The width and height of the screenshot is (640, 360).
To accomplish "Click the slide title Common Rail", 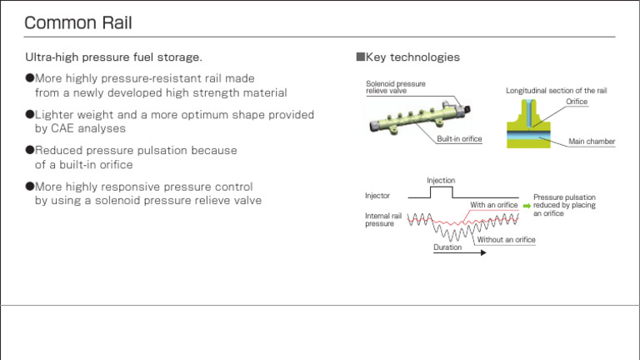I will tap(78, 22).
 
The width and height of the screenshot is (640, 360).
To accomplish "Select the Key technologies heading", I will tap(407, 57).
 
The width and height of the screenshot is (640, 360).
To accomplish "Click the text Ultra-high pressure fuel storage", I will tap(113, 57).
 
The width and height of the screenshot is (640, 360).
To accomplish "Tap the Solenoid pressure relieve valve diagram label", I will tap(396, 87).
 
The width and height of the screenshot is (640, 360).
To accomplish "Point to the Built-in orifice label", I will tap(459, 139).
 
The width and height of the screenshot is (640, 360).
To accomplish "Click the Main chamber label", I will tap(592, 142).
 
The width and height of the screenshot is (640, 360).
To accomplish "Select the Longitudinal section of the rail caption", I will tap(562, 90).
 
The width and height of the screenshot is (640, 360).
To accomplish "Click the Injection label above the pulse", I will tap(441, 180).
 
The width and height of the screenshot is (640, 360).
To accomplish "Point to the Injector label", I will tap(377, 196).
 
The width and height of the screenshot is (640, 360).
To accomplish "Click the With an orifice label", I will tap(493, 205).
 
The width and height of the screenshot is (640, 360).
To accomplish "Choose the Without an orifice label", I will tap(506, 240).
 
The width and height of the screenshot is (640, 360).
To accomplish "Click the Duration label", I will tap(447, 247).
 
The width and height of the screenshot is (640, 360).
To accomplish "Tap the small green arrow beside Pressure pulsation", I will tap(526, 205).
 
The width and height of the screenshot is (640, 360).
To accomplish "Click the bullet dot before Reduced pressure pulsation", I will tap(29, 151).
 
